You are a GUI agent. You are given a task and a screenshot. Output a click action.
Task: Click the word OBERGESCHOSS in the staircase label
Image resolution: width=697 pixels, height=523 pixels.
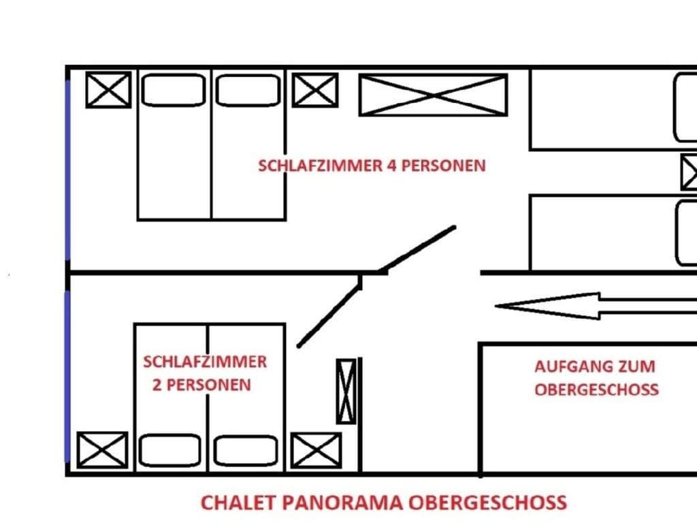pos(596,390)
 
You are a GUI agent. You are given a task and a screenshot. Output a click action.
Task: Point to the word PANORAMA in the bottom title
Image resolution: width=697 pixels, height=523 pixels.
pos(344,503)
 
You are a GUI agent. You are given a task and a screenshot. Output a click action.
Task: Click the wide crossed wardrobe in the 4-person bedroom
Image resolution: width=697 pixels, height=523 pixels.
pos(433,95)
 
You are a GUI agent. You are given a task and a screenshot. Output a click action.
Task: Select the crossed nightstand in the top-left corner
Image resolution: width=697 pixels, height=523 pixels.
pos(108,90)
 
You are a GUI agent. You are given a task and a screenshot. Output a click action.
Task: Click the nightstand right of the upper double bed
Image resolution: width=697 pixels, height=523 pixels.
pos(315,90)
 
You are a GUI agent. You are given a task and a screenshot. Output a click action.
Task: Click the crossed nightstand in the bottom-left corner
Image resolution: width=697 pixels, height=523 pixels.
pos(103,449)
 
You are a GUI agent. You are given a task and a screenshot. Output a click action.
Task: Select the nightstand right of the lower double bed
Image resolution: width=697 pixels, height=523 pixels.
pos(316,451)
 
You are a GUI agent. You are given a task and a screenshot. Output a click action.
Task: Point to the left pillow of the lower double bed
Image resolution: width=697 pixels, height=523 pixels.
pos(170,451)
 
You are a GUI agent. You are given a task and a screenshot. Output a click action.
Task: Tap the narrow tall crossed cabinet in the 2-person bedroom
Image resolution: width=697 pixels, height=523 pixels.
pos(346,391)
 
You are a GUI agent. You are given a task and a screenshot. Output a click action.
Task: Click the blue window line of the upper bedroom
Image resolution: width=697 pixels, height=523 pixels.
pos(67,170)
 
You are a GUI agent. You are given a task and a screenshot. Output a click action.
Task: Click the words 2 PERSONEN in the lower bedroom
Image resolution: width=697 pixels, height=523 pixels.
pos(201,385)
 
